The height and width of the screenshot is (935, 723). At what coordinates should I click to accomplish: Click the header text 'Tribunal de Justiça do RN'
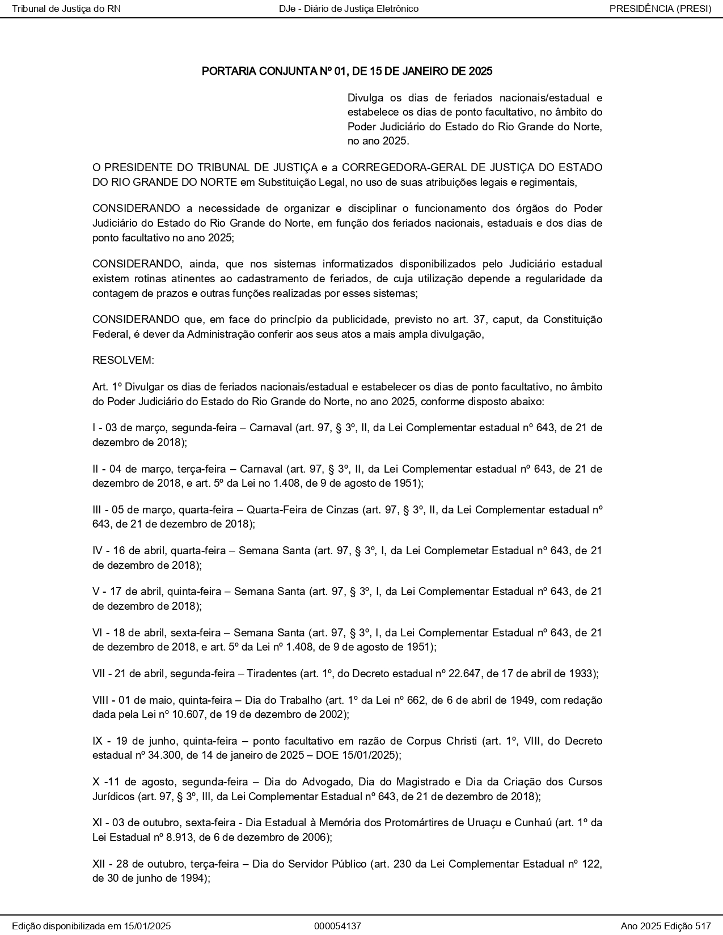tap(66, 8)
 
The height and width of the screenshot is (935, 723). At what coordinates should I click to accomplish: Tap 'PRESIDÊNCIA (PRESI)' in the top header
tap(660, 8)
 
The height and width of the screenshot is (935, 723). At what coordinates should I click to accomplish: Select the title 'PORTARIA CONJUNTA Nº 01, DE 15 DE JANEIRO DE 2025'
tap(347, 71)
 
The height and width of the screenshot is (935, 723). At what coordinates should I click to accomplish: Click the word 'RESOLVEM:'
tap(123, 360)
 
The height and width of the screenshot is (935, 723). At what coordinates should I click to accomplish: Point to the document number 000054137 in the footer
tap(337, 926)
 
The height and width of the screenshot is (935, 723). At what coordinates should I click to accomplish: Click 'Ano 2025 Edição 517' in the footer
tap(666, 926)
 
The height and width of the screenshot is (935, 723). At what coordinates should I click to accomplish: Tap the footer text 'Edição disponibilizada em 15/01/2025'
tap(91, 926)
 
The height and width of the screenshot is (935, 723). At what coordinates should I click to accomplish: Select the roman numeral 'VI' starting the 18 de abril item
tap(98, 632)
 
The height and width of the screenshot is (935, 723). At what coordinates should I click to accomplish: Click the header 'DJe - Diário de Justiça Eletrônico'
tap(349, 8)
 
